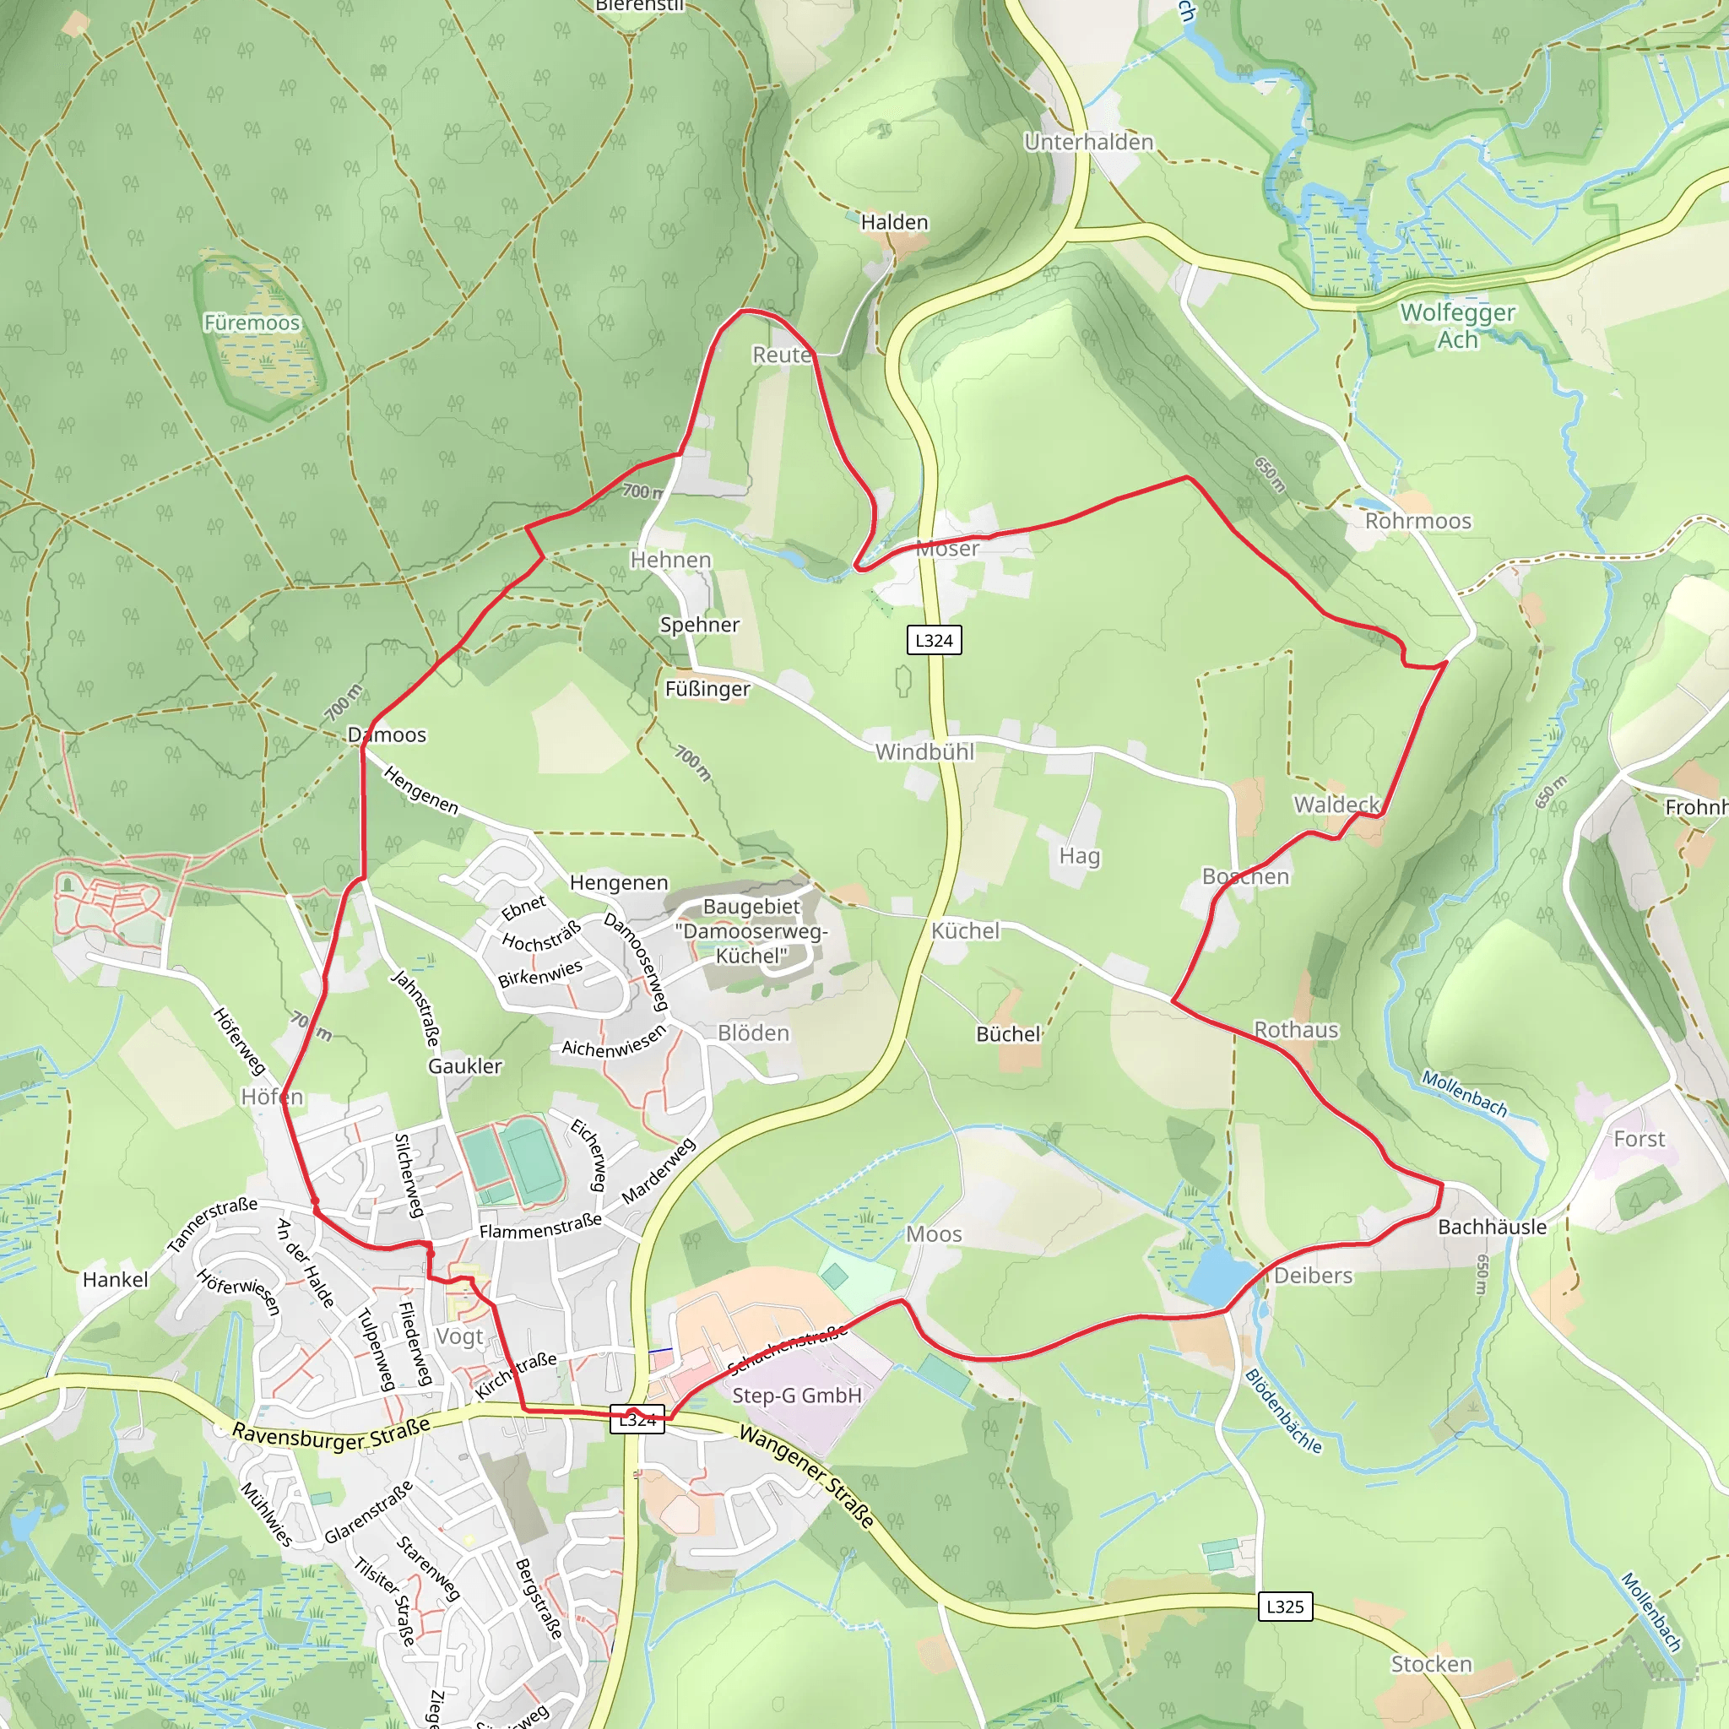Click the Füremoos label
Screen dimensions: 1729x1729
tap(252, 322)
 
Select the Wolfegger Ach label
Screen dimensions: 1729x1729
tap(1457, 326)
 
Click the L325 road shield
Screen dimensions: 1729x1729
tap(1285, 1606)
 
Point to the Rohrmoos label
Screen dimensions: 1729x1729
tap(1417, 521)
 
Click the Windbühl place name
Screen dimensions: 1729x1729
tap(924, 751)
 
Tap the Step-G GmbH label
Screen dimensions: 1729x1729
tap(796, 1396)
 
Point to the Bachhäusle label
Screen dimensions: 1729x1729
tap(1492, 1227)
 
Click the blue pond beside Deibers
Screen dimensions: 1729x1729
tap(1220, 1276)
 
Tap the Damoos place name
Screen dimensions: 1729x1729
tap(387, 734)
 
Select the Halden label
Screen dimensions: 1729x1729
tap(894, 222)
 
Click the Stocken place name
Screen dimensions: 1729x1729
tap(1431, 1665)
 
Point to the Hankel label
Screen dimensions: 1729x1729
tap(116, 1280)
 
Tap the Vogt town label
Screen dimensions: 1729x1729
tap(459, 1337)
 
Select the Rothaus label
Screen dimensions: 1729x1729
tap(1296, 1030)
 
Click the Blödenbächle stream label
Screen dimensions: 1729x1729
tap(1282, 1412)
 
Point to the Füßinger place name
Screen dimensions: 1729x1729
tap(707, 689)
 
